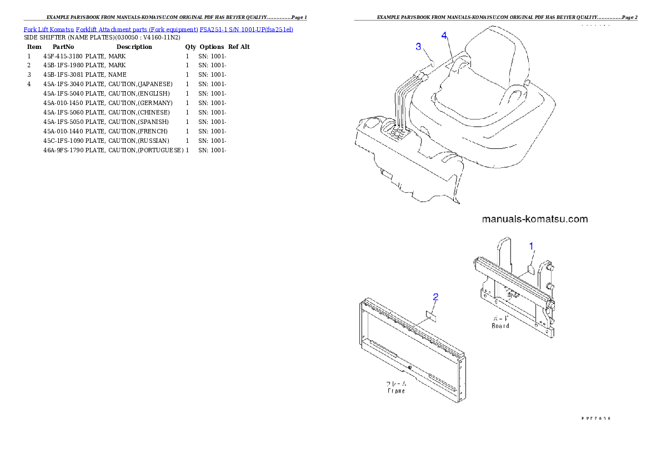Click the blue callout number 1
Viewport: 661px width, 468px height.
(531, 245)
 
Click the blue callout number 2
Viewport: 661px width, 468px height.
(436, 297)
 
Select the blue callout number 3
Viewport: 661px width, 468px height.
(419, 46)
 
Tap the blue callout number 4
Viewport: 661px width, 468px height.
(444, 36)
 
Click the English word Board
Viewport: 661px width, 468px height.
(500, 326)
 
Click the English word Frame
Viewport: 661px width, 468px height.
(396, 391)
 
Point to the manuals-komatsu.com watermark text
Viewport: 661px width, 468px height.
(534, 219)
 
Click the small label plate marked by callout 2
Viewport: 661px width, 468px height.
(431, 316)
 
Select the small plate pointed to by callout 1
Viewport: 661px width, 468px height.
(530, 270)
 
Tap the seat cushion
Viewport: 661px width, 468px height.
(467, 103)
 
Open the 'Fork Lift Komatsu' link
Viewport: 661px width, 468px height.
(49, 29)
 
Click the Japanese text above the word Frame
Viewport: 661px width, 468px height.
(396, 384)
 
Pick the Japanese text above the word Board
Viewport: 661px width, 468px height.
(500, 318)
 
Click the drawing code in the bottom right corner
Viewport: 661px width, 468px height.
(595, 418)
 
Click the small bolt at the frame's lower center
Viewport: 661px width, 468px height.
(409, 367)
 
